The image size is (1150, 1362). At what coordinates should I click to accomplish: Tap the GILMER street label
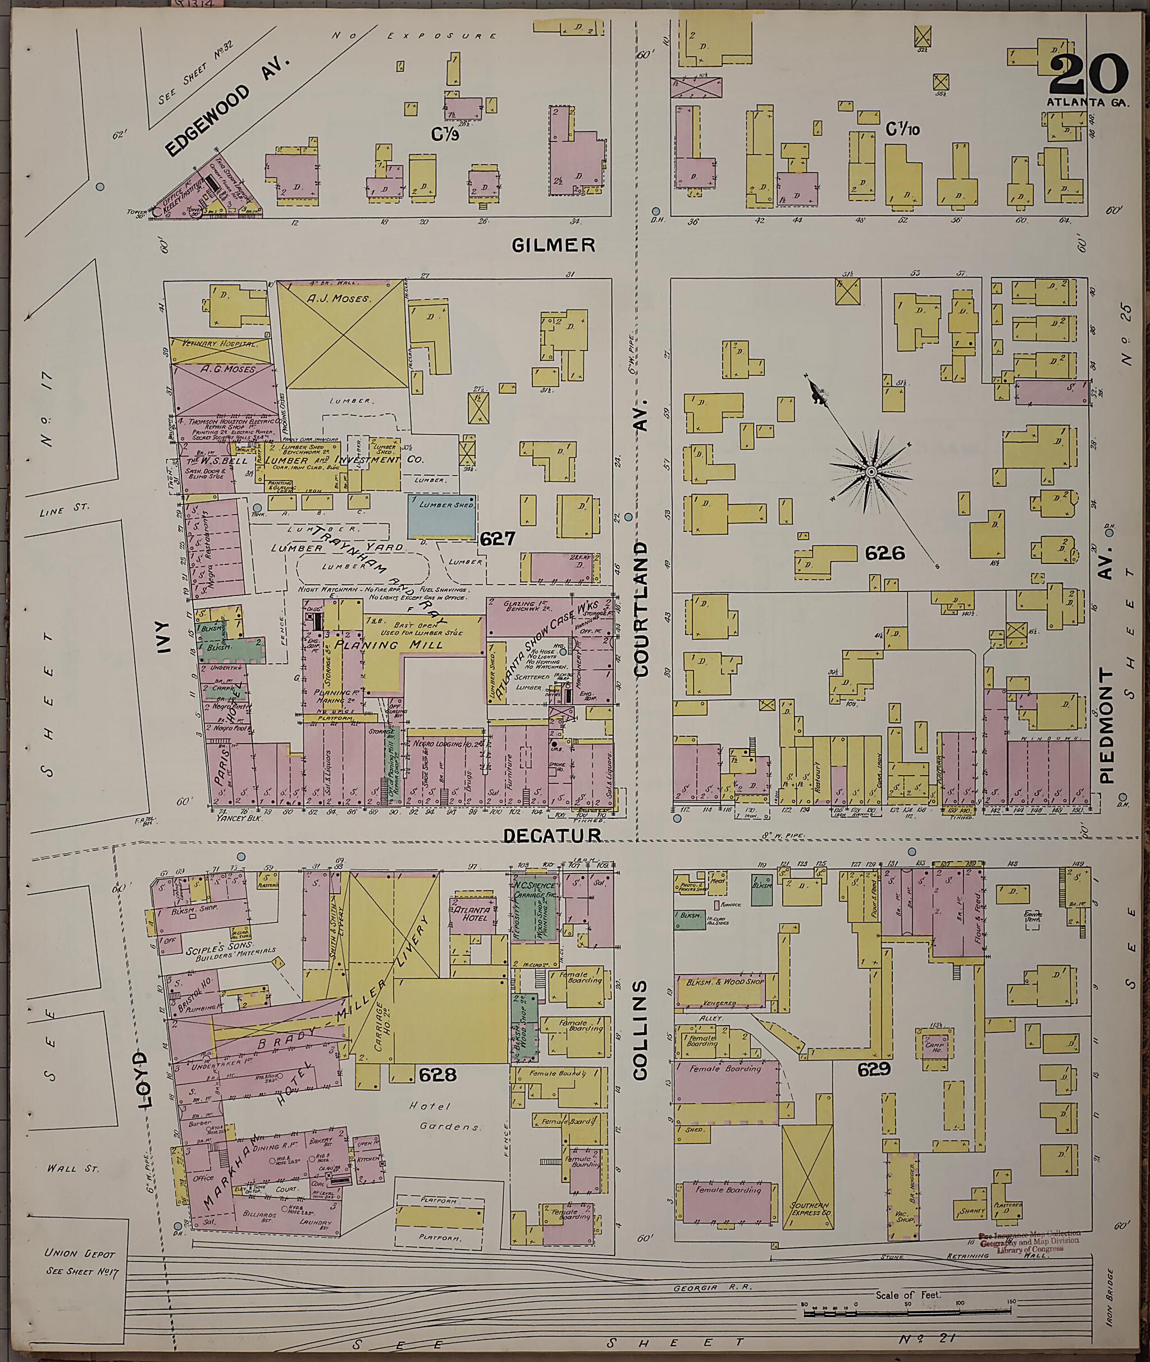pyautogui.click(x=554, y=244)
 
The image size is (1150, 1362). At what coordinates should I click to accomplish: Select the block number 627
pyautogui.click(x=498, y=539)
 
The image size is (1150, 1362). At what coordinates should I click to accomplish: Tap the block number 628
pyautogui.click(x=437, y=1074)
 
